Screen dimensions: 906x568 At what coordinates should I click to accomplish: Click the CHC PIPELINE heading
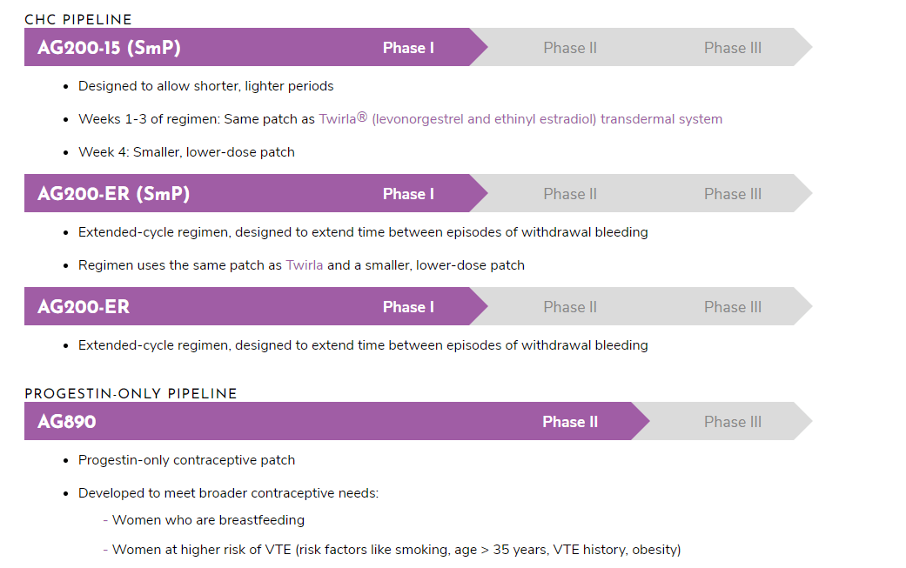(78, 20)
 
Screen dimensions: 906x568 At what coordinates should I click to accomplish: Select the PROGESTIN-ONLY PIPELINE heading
(131, 394)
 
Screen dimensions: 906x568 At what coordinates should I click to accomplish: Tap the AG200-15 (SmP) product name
(109, 47)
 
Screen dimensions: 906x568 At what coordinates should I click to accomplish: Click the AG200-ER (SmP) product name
(114, 193)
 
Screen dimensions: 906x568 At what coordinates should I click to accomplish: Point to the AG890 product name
(67, 421)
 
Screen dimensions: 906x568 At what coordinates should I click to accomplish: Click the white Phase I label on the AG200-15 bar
(408, 48)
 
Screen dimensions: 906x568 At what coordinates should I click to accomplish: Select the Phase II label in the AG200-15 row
(570, 48)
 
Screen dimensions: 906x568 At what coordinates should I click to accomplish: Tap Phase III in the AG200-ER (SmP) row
(733, 194)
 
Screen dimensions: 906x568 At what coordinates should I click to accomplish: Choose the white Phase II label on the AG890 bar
(570, 422)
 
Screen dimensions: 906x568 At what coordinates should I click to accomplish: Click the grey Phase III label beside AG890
(733, 422)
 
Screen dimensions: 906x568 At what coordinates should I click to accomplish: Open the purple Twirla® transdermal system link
(520, 119)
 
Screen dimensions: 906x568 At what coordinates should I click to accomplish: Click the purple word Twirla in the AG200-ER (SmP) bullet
(305, 265)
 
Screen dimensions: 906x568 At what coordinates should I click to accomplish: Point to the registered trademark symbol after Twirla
(362, 117)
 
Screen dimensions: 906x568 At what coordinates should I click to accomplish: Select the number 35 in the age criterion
(501, 550)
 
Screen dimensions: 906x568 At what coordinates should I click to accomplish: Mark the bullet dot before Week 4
(66, 153)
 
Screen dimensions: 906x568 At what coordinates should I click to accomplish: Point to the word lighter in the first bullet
(264, 86)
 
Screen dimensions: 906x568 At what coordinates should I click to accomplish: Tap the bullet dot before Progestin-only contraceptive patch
(66, 461)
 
